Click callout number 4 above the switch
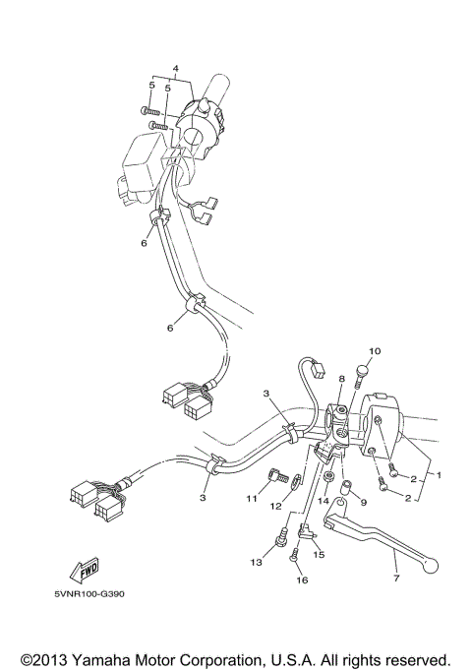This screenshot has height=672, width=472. click(175, 68)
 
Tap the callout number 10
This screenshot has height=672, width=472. click(374, 351)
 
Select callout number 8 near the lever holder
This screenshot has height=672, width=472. click(342, 379)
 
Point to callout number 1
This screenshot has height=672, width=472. click(439, 475)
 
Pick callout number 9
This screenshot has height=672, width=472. click(362, 502)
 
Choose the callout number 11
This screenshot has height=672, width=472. click(252, 500)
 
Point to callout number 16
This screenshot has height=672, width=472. click(302, 580)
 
